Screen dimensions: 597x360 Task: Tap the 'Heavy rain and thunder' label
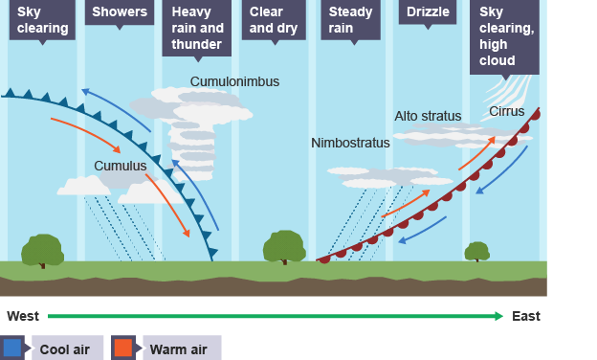(x=197, y=28)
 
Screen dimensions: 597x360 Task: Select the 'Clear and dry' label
(x=273, y=20)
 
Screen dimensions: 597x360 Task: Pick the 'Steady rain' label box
(x=351, y=20)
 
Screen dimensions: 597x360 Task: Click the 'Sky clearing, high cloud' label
(x=504, y=35)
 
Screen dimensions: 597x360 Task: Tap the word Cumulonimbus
(x=234, y=81)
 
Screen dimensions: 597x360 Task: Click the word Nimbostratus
(x=350, y=143)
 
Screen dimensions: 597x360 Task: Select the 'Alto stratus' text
(x=428, y=116)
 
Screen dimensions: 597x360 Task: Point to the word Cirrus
(x=506, y=112)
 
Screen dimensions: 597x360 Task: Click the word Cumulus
(x=120, y=166)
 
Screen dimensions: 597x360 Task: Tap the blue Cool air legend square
(x=12, y=347)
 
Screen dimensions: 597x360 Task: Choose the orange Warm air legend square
(x=122, y=347)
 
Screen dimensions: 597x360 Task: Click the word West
(x=23, y=316)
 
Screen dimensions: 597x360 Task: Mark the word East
(x=525, y=316)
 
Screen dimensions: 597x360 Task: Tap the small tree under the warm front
(x=476, y=252)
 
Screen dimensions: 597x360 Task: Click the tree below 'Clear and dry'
(x=284, y=247)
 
